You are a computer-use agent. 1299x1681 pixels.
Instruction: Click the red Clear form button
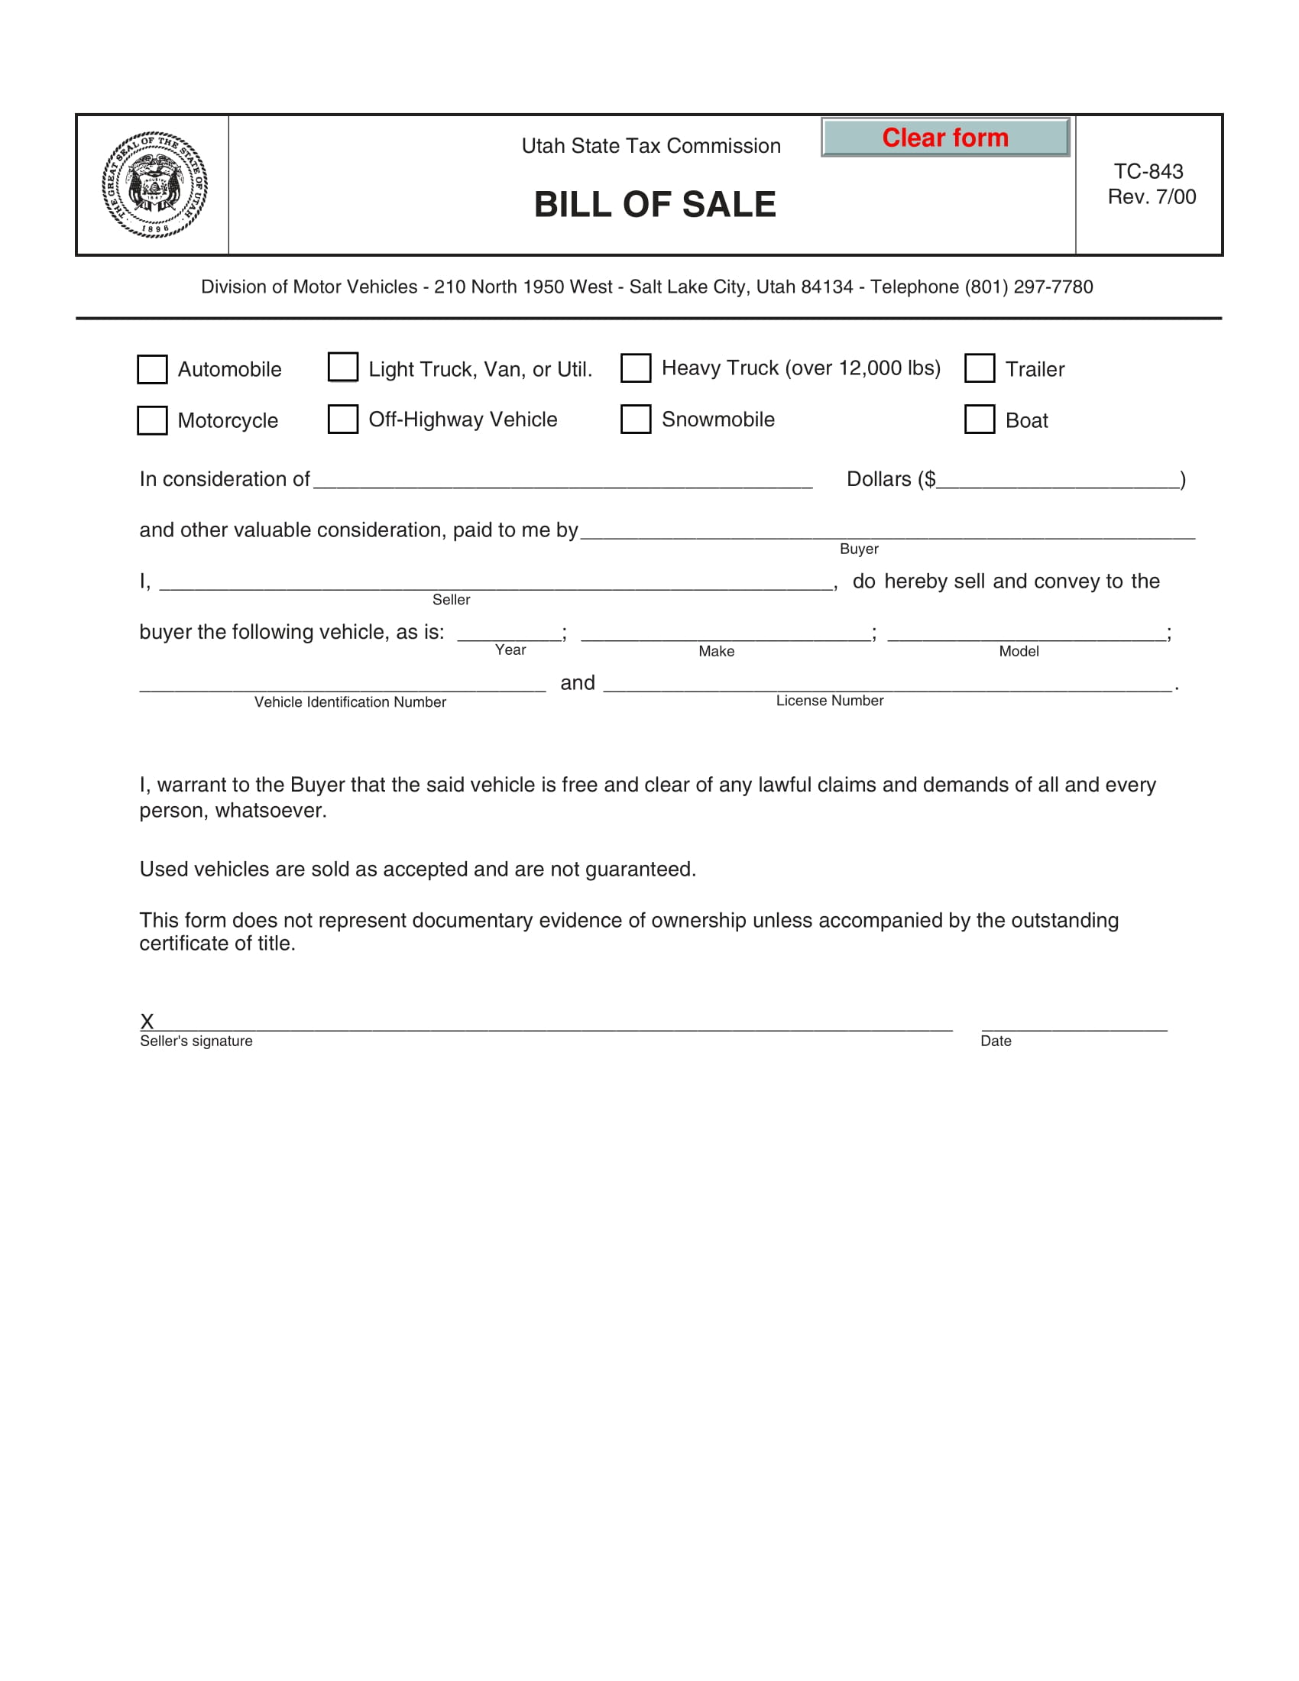point(945,138)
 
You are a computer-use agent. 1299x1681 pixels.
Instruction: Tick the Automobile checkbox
point(151,370)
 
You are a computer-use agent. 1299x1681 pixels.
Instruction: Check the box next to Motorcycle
point(151,420)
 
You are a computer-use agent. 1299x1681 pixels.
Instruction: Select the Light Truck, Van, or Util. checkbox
point(342,367)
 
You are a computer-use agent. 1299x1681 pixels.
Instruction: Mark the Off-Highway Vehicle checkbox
point(342,419)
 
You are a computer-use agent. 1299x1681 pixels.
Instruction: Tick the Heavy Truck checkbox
point(636,368)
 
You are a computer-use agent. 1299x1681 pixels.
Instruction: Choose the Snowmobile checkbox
point(636,419)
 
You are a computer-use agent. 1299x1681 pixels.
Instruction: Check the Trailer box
point(980,368)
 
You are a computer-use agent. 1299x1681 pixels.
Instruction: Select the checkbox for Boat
point(980,419)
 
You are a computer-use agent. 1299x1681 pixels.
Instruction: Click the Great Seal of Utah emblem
point(154,185)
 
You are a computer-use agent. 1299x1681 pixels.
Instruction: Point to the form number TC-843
point(1148,171)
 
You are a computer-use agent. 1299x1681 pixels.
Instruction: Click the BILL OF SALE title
point(655,205)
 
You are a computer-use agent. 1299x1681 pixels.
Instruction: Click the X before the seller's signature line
point(147,1022)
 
